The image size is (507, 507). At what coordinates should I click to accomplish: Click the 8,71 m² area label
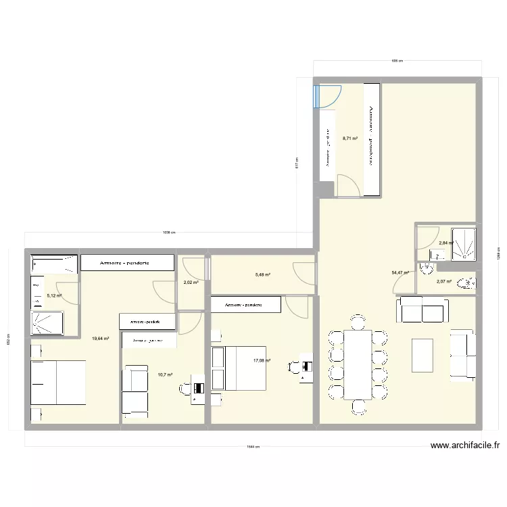pyautogui.click(x=349, y=138)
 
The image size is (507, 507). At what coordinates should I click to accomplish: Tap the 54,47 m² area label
pyautogui.click(x=400, y=273)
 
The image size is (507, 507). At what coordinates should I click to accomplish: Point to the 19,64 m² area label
pyautogui.click(x=101, y=339)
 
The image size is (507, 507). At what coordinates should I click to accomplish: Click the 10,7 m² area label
pyautogui.click(x=165, y=375)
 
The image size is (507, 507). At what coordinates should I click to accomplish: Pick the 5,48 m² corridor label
pyautogui.click(x=263, y=274)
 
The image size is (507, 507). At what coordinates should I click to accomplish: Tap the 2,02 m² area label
pyautogui.click(x=191, y=283)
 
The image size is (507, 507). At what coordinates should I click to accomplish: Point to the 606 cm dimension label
pyautogui.click(x=397, y=61)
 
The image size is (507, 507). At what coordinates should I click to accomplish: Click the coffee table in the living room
pyautogui.click(x=422, y=355)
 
